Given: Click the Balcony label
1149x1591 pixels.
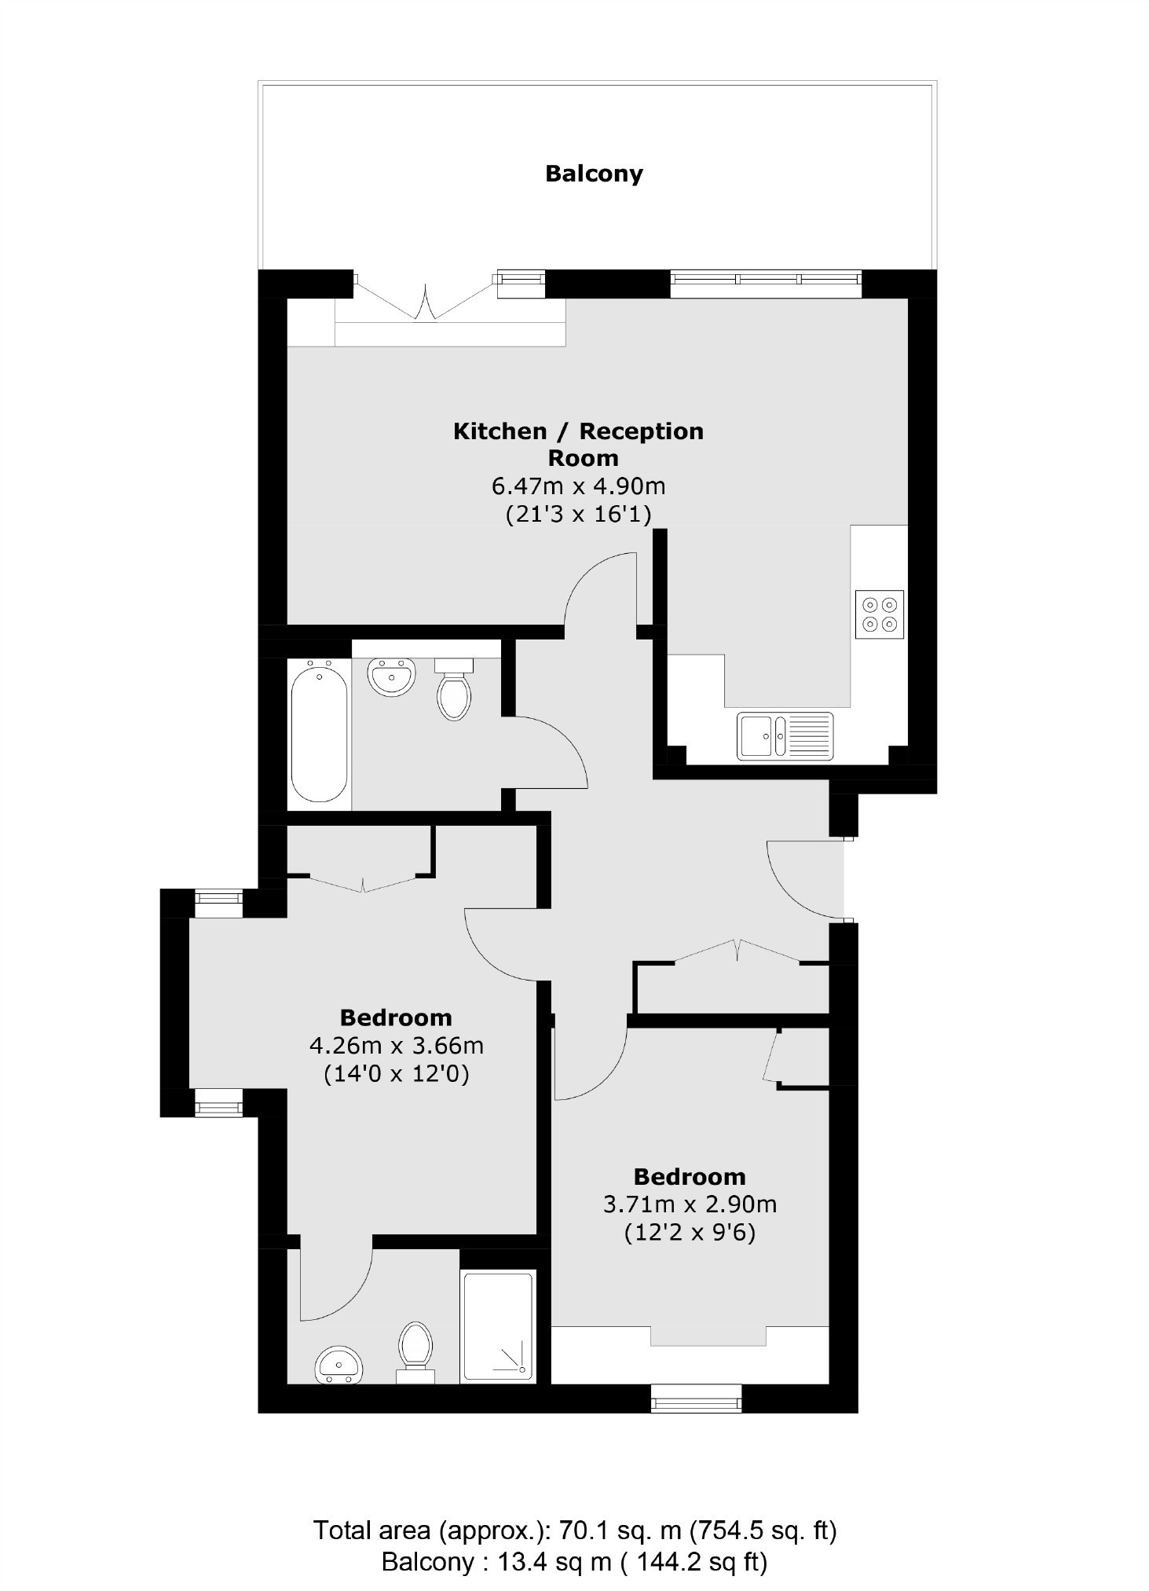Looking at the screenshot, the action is (x=594, y=174).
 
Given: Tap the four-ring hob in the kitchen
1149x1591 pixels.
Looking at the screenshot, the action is (x=880, y=614).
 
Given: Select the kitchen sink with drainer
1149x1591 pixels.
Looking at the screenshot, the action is (x=785, y=735).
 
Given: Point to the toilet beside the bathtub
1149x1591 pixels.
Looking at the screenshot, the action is (x=454, y=689).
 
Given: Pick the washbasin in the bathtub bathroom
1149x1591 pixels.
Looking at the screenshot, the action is (x=392, y=676).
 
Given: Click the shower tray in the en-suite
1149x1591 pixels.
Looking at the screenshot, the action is (x=498, y=1327).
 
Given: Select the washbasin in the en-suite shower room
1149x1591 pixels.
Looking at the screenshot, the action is (x=339, y=1366).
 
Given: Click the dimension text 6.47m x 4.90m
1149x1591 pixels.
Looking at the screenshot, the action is (x=579, y=486).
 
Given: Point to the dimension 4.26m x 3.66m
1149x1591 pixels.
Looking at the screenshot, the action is (x=397, y=1046).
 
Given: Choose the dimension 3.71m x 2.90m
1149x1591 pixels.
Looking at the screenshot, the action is (x=690, y=1204).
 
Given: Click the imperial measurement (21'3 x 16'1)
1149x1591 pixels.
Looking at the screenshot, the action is (x=579, y=515).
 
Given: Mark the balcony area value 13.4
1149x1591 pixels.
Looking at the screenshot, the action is (x=521, y=1561).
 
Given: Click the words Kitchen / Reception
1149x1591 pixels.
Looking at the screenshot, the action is (x=579, y=431).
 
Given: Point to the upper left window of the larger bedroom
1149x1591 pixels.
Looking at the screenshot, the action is (x=219, y=903).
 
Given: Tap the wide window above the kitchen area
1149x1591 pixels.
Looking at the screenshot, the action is (x=766, y=284).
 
